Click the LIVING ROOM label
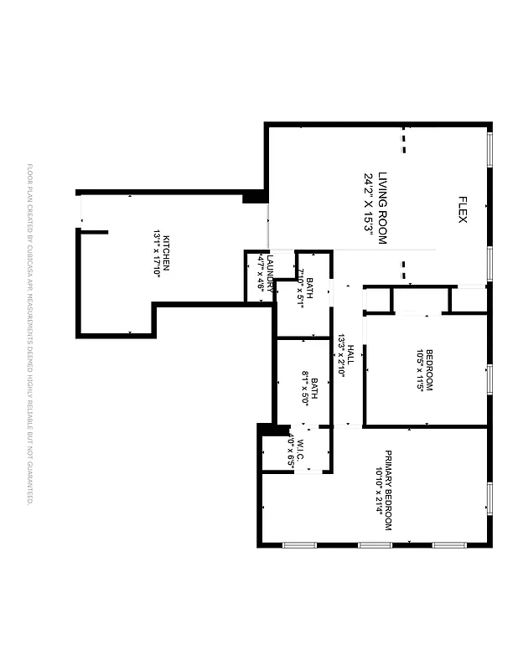[382, 208]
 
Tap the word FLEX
[462, 209]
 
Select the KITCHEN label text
[166, 252]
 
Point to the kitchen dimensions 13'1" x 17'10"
[156, 253]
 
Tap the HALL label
[351, 355]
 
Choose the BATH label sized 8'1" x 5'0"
[314, 392]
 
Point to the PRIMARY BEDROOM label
[388, 490]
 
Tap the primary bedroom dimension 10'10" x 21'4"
[379, 490]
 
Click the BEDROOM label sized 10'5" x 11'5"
[428, 369]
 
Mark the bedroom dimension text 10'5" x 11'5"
[419, 369]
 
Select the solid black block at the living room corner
[253, 198]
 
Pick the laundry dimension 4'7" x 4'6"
[261, 273]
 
